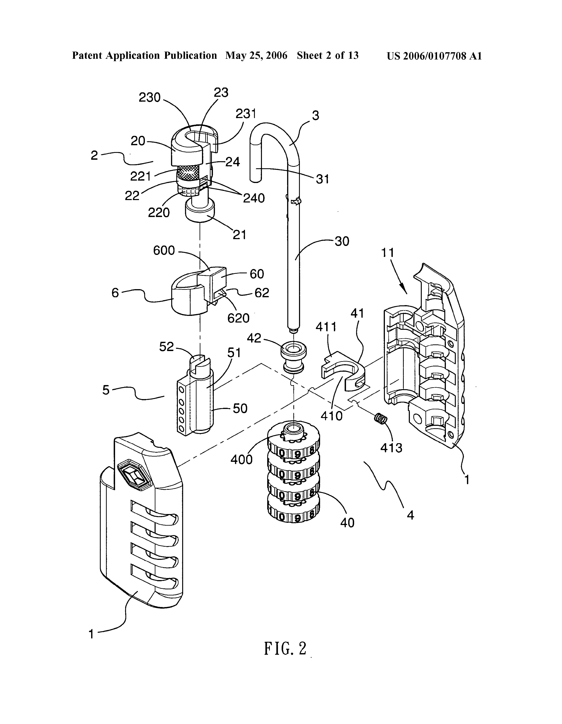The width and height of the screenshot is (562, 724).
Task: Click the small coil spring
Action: (x=380, y=419)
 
